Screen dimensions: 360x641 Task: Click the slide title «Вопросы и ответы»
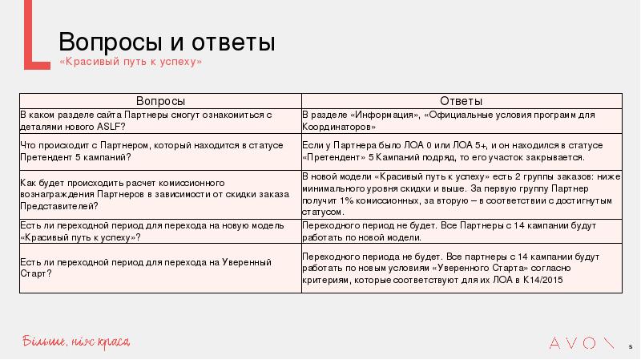[x=167, y=42]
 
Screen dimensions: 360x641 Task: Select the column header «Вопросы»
[x=160, y=101]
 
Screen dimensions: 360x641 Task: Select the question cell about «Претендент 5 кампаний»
[x=159, y=151]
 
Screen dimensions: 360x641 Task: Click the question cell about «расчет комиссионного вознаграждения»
[x=159, y=194]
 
